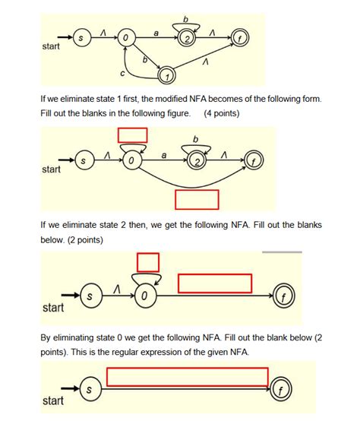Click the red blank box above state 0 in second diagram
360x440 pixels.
(133, 135)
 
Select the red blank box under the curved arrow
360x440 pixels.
(197, 199)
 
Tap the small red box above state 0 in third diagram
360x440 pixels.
(148, 262)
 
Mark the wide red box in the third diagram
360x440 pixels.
(215, 283)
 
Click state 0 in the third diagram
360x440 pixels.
(144, 294)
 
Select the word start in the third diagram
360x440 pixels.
(53, 309)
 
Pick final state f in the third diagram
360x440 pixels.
(289, 295)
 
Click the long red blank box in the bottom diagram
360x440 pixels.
(188, 377)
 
